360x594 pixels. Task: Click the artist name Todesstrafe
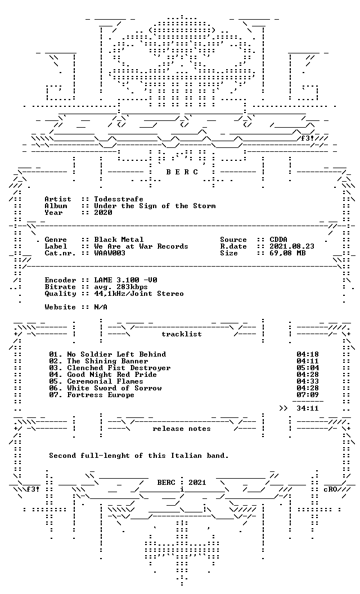(x=119, y=199)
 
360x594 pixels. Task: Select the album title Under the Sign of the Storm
(x=155, y=206)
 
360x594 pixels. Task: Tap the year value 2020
(x=103, y=213)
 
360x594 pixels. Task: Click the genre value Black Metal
(x=119, y=240)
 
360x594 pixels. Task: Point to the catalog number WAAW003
(x=110, y=253)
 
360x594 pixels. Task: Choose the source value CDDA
(x=278, y=240)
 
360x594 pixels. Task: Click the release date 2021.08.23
(x=292, y=246)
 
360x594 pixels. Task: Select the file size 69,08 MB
(x=287, y=253)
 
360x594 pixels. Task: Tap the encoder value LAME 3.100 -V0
(x=125, y=280)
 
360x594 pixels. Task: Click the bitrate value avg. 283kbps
(x=121, y=287)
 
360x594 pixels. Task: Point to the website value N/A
(x=101, y=307)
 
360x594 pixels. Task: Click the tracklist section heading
(x=182, y=334)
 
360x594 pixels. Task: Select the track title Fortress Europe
(x=101, y=395)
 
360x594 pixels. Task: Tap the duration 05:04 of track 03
(x=308, y=368)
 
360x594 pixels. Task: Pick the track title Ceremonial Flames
(x=105, y=381)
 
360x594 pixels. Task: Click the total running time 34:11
(x=308, y=408)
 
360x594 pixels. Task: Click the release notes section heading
(x=182, y=429)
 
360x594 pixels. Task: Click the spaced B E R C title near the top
(x=182, y=172)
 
